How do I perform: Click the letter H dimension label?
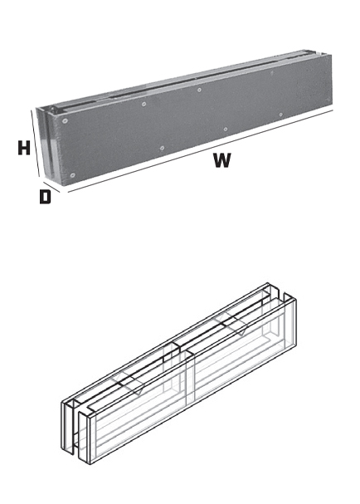coord(24,148)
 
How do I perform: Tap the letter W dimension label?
coord(222,160)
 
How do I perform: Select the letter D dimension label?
coord(45,197)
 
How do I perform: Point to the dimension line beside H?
coord(36,143)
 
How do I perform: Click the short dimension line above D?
coord(51,187)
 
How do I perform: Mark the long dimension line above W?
coord(201,151)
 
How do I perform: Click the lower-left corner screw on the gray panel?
coord(72,175)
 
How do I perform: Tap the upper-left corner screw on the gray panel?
coord(66,121)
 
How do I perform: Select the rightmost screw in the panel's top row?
coord(272,72)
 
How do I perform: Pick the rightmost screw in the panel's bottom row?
coord(280,115)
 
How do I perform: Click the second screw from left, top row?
coord(144,104)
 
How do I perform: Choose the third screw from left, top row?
coord(199,90)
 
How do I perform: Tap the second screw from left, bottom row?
coord(163,148)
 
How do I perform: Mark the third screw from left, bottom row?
coord(226,130)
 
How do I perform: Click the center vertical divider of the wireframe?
coord(187,376)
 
